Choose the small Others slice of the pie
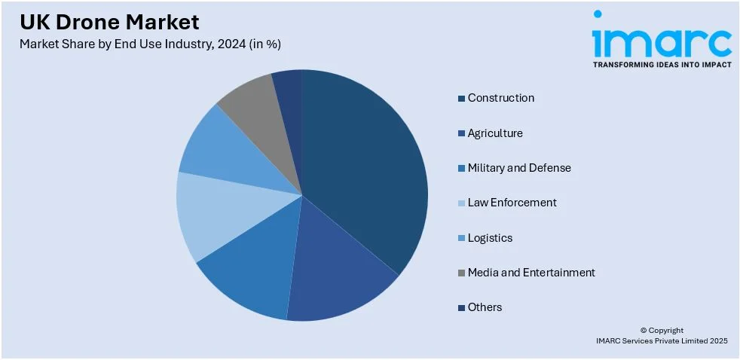click(x=289, y=87)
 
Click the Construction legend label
click(x=500, y=98)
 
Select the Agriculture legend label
click(x=494, y=133)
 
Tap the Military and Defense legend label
click(x=518, y=168)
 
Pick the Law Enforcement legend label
click(x=512, y=203)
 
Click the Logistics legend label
click(x=489, y=238)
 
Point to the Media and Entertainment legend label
click(x=531, y=273)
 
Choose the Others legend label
click(x=485, y=307)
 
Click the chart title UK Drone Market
click(x=110, y=21)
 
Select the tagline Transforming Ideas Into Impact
click(x=662, y=65)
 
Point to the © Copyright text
click(x=662, y=330)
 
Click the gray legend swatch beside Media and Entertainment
click(x=460, y=273)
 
